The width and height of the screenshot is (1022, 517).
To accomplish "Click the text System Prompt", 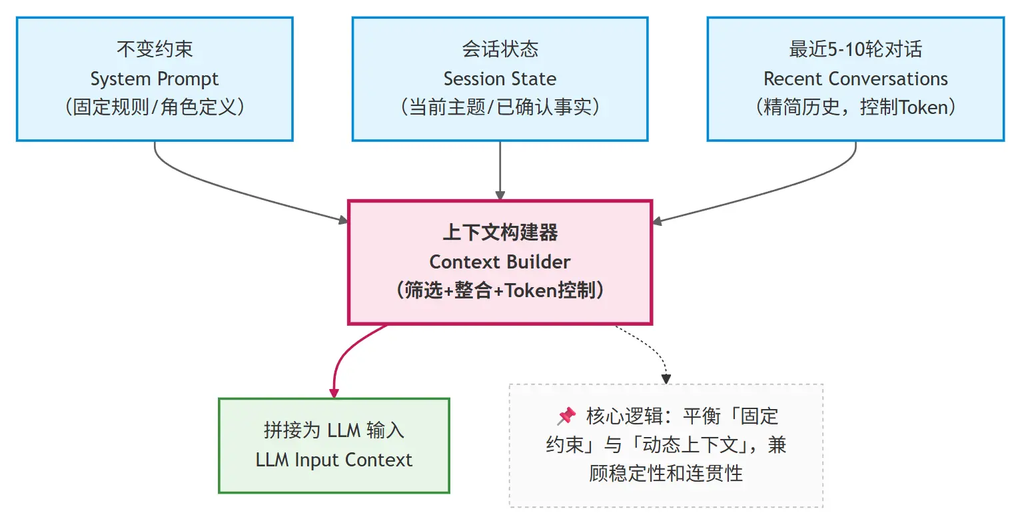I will [x=155, y=79].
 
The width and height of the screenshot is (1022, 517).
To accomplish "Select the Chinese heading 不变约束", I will [x=155, y=49].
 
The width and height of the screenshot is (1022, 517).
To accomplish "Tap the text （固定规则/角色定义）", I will [x=155, y=108].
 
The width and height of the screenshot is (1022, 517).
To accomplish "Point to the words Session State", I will [x=500, y=79].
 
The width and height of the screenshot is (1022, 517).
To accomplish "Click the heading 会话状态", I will [x=500, y=49].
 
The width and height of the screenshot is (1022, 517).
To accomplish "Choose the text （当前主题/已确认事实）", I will [x=500, y=108].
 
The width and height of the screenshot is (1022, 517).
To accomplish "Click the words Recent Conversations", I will [x=855, y=79].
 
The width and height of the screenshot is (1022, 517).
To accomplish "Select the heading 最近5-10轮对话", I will [x=855, y=49].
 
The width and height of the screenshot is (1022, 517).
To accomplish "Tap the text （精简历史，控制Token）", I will [x=855, y=108].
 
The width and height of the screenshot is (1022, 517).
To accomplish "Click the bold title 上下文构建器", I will [x=500, y=233].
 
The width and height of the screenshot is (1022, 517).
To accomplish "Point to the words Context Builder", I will [x=500, y=262].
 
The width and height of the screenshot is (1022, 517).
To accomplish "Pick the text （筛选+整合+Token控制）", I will [x=500, y=291].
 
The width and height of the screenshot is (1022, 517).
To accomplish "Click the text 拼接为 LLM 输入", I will [x=334, y=430].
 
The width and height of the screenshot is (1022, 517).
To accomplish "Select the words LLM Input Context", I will [x=334, y=460].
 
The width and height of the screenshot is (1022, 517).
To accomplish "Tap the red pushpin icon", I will [x=566, y=416].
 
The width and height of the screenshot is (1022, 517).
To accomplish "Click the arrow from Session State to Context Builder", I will [x=500, y=170].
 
